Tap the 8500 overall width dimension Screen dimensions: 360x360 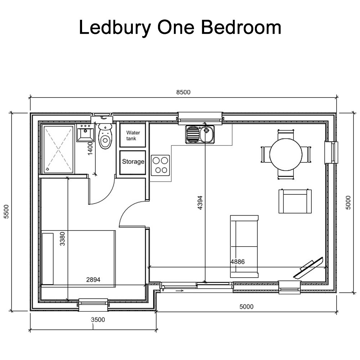point(183,92)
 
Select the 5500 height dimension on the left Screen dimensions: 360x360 point(6,212)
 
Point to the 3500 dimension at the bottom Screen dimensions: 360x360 point(98,319)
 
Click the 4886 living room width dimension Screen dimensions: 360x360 point(237,262)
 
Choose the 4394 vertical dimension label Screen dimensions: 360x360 point(200,205)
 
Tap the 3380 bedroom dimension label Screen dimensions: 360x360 point(63,238)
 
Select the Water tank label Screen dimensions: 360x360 point(133,136)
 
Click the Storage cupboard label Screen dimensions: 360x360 point(133,162)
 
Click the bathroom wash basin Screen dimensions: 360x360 point(85,134)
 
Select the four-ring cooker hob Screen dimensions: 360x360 point(160,165)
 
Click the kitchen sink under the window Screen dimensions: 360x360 point(200,134)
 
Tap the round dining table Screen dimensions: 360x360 point(285,154)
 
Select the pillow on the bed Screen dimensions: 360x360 point(48,258)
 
